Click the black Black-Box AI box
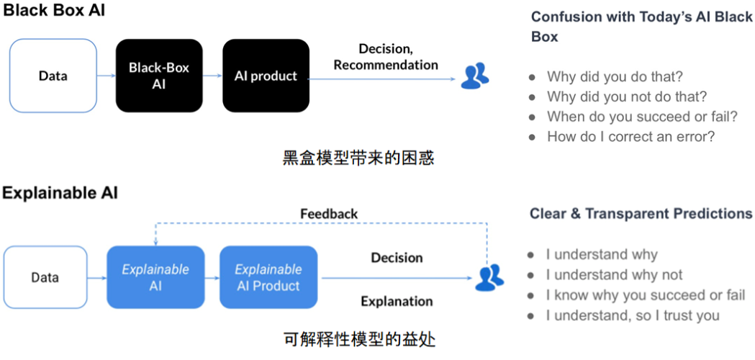159,76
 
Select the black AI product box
266,76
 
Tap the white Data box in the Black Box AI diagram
53,76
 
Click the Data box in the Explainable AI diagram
45,277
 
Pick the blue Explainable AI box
155,277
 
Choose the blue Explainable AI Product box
268,277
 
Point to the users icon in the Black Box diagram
474,76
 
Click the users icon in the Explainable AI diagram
489,277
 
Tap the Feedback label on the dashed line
329,214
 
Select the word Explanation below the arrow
397,301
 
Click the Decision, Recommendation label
385,57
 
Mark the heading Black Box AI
54,11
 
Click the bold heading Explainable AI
60,193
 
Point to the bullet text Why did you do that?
615,76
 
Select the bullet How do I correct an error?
630,136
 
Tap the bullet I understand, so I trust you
632,315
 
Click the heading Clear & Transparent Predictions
641,214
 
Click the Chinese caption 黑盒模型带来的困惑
358,158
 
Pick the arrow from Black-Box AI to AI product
212,76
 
